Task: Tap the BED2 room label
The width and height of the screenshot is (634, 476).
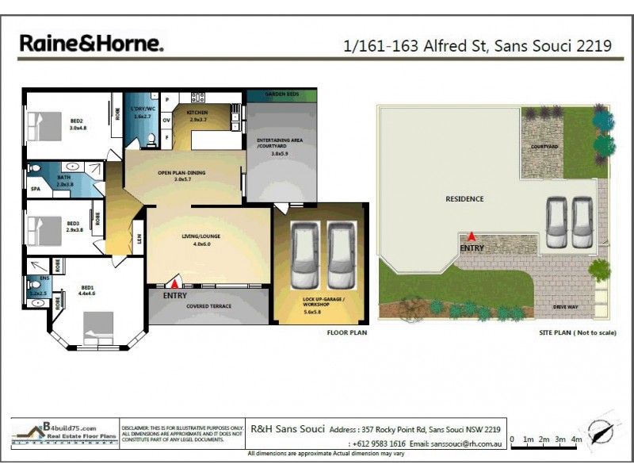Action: [x=77, y=121]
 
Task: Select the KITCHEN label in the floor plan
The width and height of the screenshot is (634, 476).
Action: [x=197, y=113]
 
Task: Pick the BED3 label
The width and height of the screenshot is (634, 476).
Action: [x=73, y=224]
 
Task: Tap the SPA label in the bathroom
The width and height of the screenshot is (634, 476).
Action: [x=36, y=190]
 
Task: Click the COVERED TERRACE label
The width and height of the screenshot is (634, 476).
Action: [x=209, y=306]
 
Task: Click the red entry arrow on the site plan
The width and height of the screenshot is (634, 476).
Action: [x=472, y=236]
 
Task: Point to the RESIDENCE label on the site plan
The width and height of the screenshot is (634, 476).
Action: [x=464, y=199]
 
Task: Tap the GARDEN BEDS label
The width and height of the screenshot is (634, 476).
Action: [x=283, y=94]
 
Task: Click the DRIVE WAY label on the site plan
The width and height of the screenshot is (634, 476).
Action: [x=566, y=305]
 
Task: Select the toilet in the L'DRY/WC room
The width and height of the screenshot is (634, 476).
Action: [x=151, y=141]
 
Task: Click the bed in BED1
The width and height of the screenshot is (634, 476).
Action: [x=96, y=326]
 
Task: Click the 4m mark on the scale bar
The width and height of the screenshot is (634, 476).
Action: [x=576, y=439]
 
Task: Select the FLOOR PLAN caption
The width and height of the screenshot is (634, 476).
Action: [x=346, y=333]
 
